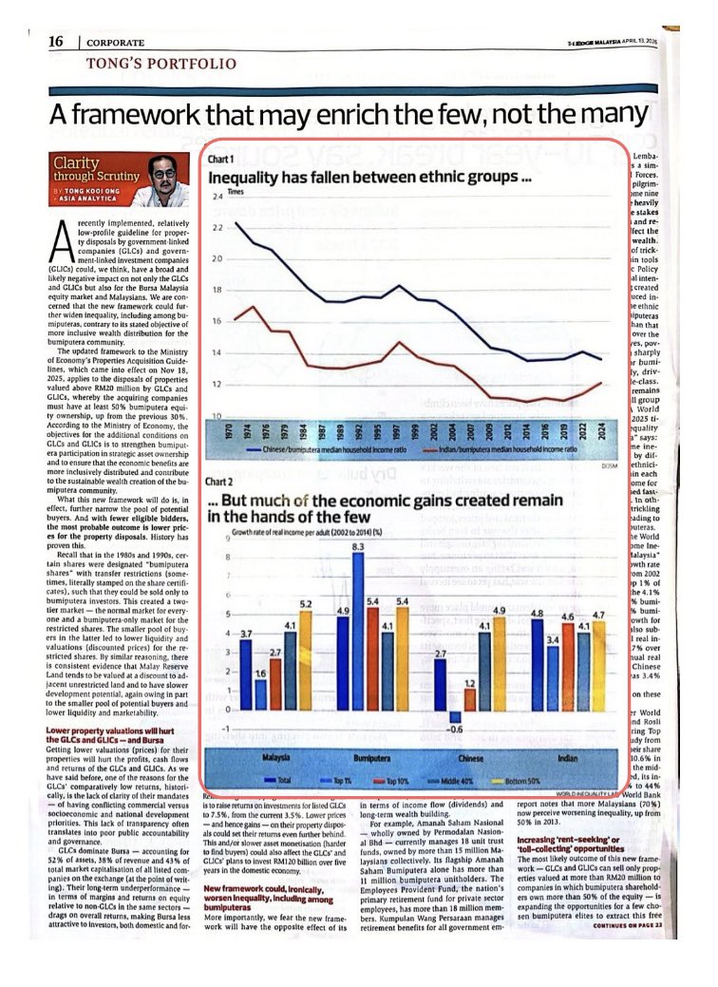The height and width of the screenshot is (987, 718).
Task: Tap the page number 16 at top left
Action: (56, 42)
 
